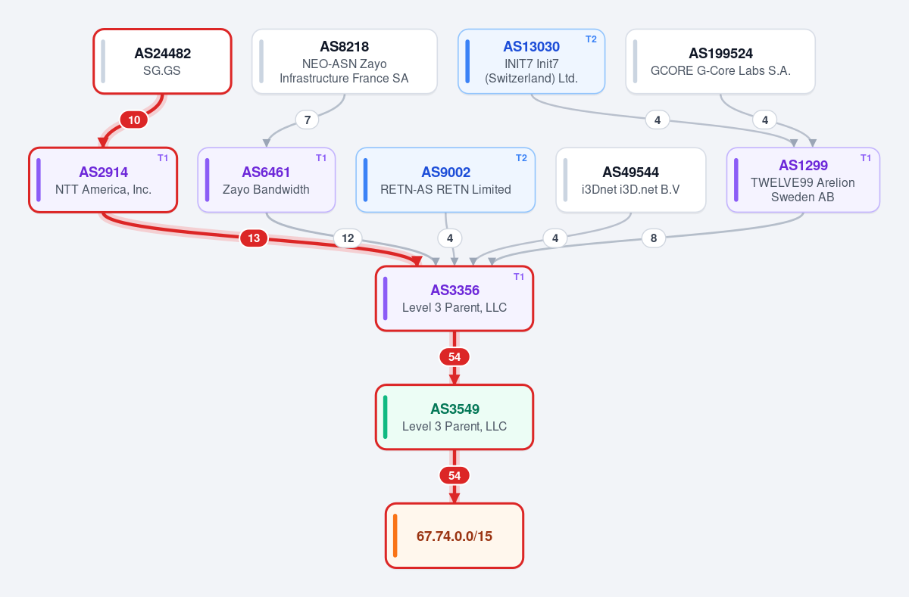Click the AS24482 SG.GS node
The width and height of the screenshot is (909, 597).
[x=162, y=61]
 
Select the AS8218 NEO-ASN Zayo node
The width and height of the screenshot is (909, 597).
[x=345, y=61]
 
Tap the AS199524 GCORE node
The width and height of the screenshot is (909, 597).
[x=720, y=61]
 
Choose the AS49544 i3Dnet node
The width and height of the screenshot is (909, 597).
[x=630, y=179]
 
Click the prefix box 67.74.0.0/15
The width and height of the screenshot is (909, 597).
[x=454, y=536]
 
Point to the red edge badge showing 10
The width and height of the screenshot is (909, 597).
[x=134, y=120]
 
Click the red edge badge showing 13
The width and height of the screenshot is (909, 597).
[x=254, y=238]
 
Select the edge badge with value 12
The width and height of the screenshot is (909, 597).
[x=348, y=238]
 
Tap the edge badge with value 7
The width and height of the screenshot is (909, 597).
[x=308, y=120]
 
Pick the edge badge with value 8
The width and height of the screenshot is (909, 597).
[x=653, y=238]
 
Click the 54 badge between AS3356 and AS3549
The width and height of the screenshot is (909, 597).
[x=454, y=356]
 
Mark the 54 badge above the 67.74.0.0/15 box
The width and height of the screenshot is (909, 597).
[x=454, y=475]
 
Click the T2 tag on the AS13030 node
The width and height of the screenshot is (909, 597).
[x=591, y=39]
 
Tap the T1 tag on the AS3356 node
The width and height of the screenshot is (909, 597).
[x=519, y=277]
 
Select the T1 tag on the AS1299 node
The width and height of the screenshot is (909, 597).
[x=866, y=158]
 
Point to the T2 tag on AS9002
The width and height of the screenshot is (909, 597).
[x=521, y=158]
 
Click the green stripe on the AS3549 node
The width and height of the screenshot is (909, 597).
[x=385, y=417]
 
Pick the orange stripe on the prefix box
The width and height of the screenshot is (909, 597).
[x=395, y=536]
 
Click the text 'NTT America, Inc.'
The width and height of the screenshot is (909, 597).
[x=104, y=189]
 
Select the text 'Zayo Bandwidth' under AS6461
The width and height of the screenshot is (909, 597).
[x=266, y=189]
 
